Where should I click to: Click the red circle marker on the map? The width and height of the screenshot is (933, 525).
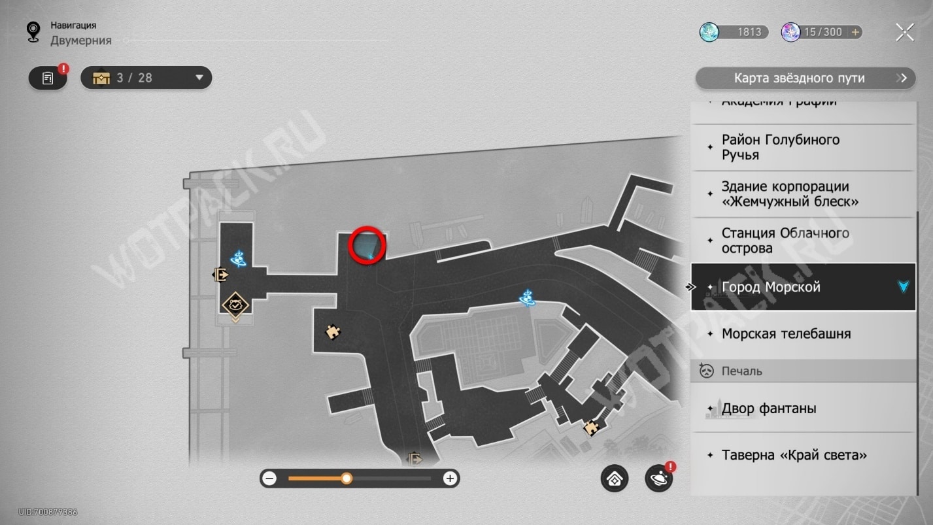(x=367, y=244)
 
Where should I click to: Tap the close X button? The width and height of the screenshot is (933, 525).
(x=905, y=32)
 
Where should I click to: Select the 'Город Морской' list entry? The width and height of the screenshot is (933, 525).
(x=803, y=287)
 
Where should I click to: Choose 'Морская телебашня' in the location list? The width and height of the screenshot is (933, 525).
(x=803, y=334)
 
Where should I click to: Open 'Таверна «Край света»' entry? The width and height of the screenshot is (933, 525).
(x=803, y=455)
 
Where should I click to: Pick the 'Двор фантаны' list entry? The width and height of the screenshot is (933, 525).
(x=803, y=409)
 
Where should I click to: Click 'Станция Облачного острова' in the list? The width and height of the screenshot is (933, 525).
(x=803, y=241)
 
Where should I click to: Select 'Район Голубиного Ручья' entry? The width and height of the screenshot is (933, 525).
(x=803, y=147)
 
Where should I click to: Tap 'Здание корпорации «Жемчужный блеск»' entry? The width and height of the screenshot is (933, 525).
(x=803, y=194)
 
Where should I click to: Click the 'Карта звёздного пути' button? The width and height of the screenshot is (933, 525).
(x=804, y=78)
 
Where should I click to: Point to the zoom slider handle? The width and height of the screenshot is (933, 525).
(x=347, y=479)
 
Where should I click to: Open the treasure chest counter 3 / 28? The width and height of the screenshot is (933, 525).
(x=146, y=78)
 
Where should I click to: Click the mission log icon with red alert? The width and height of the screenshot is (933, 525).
(x=48, y=78)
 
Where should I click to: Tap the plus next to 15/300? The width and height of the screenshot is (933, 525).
(x=855, y=32)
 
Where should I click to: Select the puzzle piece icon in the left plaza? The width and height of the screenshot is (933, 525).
(x=333, y=332)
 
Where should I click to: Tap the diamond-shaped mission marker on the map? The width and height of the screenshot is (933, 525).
(x=234, y=305)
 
